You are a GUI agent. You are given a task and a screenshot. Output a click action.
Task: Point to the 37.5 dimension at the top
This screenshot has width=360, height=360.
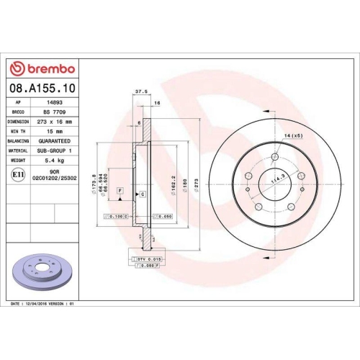coord(141,91)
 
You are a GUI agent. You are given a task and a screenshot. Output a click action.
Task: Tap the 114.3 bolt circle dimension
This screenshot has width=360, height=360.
coord(275,178)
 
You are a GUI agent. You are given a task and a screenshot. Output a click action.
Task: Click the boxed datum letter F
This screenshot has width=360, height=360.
coord(120,189)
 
